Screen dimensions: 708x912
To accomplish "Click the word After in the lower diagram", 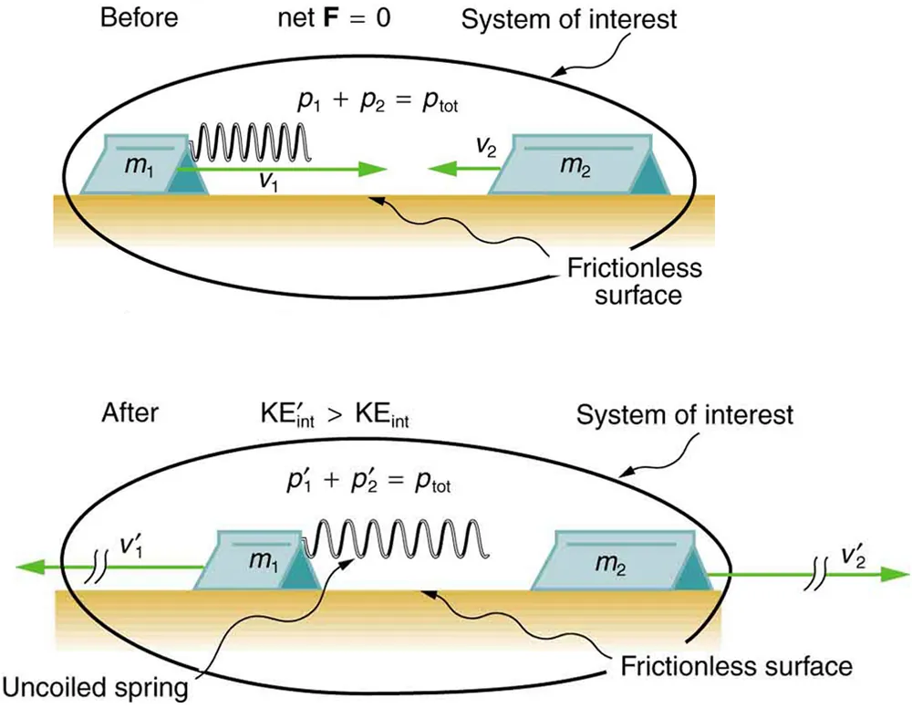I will [131, 412].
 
